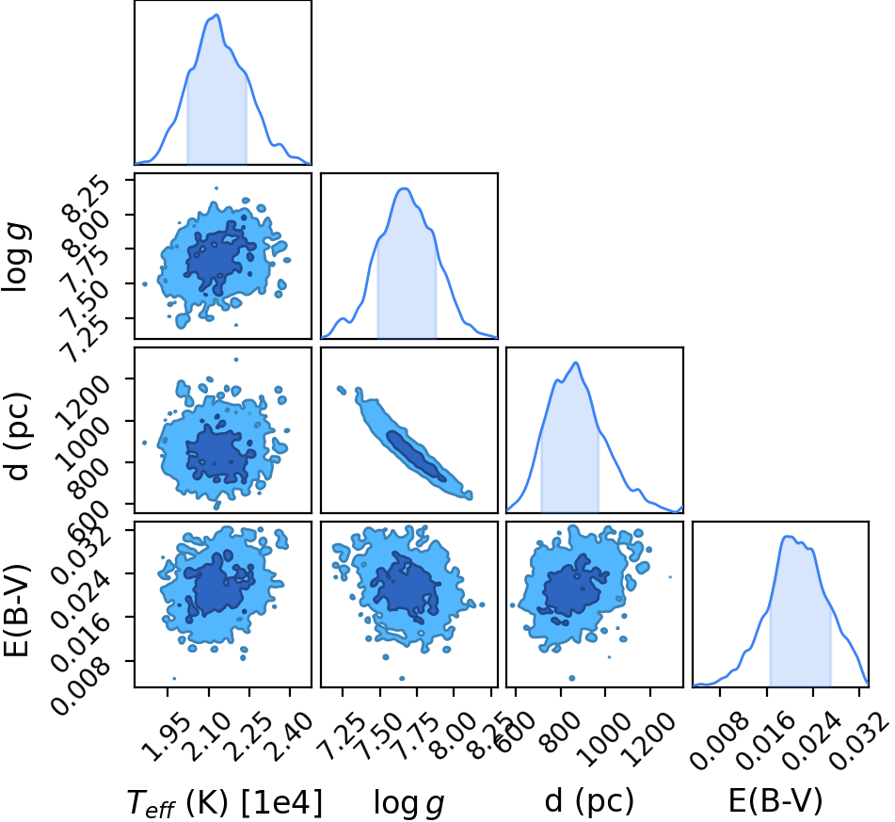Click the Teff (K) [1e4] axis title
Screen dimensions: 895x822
(x=224, y=802)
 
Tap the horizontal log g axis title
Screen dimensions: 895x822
(x=408, y=802)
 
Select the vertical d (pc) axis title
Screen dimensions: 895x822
(x=17, y=436)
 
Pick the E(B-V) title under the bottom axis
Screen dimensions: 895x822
(x=775, y=801)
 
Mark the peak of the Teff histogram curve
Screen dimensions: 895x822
(x=216, y=15)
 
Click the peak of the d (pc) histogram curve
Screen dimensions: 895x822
(x=576, y=363)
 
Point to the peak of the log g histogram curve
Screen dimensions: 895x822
(x=404, y=188)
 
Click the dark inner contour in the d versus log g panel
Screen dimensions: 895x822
(x=416, y=456)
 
